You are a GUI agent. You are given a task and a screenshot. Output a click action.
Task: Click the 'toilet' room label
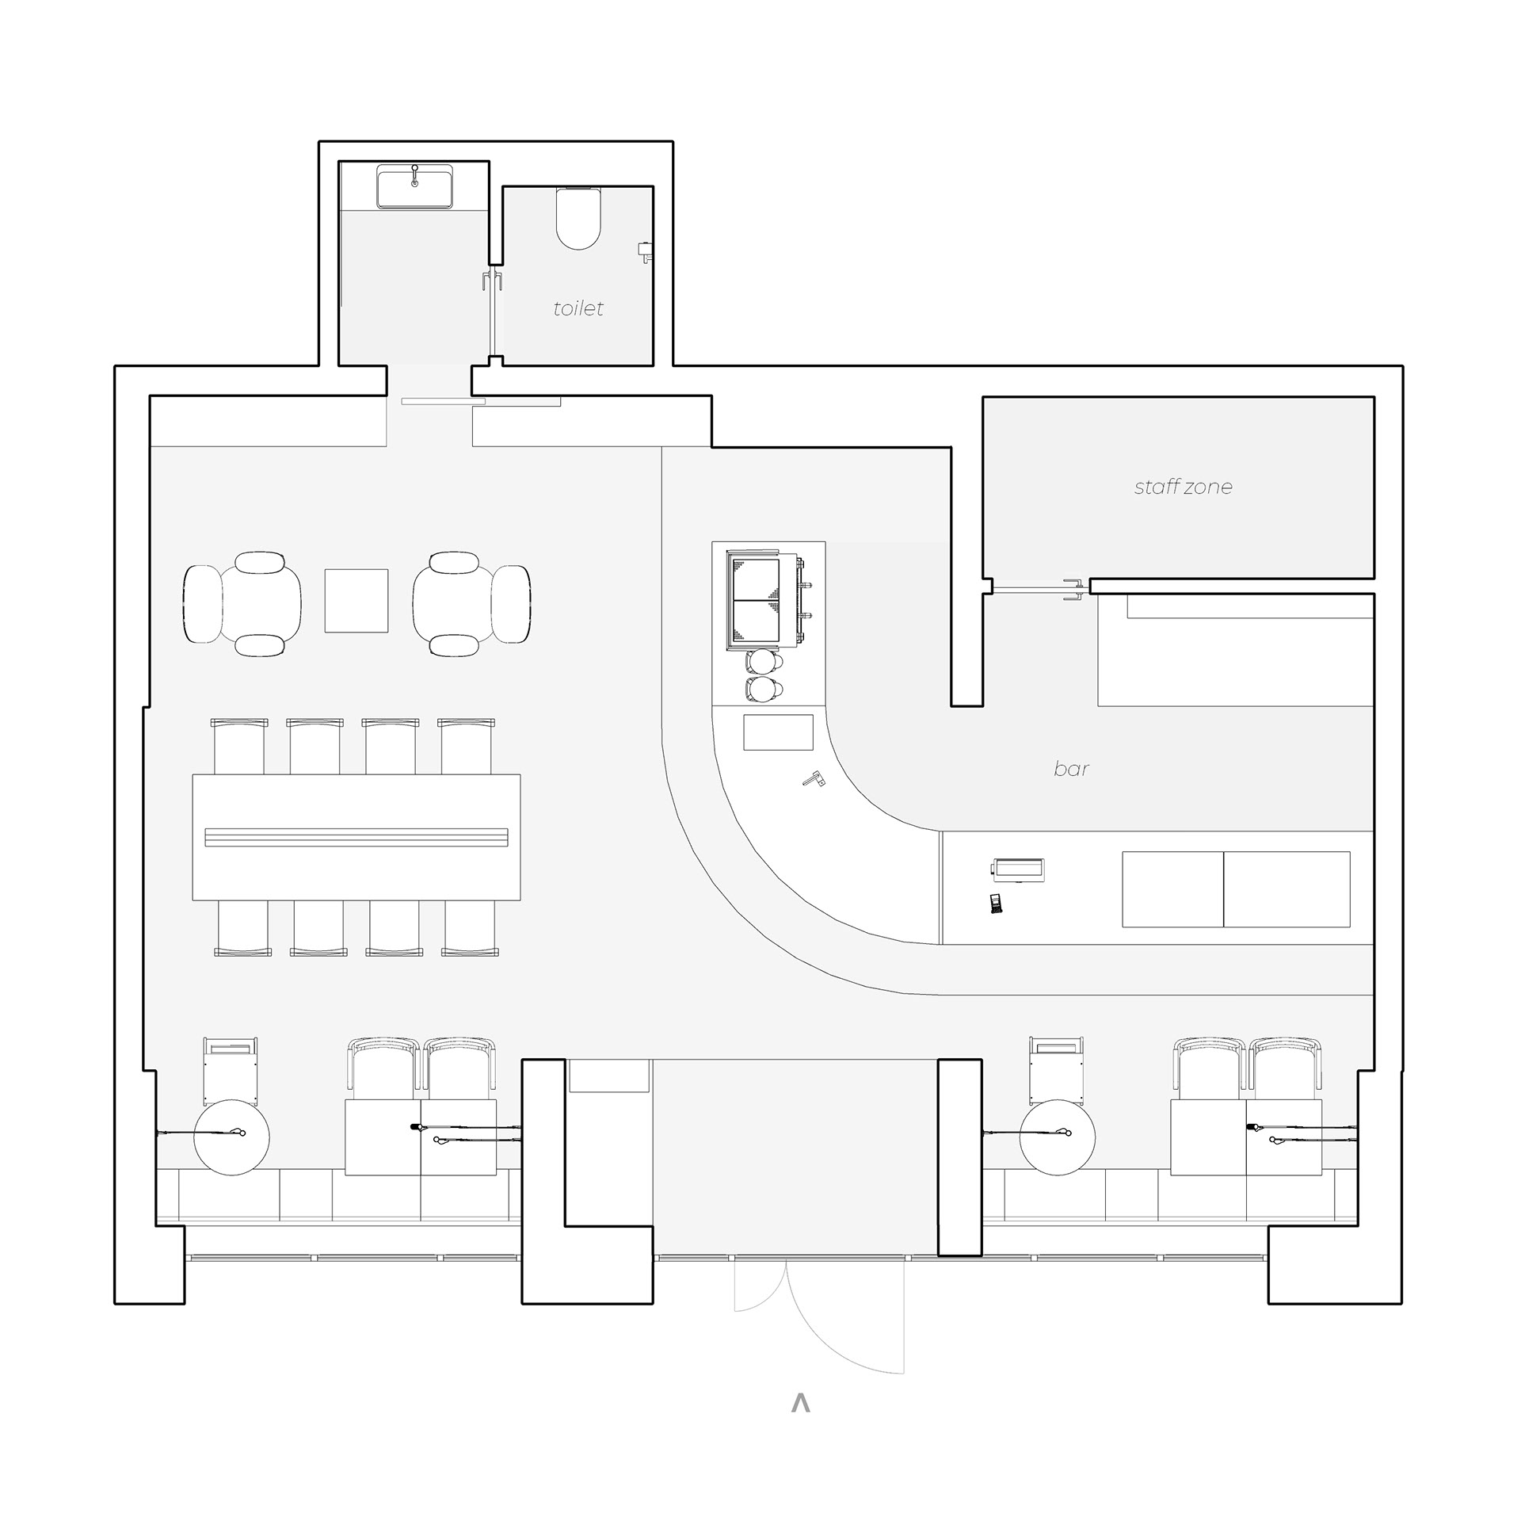click(x=578, y=308)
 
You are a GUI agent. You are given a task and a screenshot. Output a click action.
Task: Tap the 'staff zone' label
click(x=1183, y=487)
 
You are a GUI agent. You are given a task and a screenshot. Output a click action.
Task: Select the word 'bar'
click(x=1071, y=768)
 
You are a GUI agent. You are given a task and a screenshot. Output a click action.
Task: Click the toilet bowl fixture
click(x=578, y=218)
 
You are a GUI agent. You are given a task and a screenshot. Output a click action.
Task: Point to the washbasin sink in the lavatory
click(x=414, y=187)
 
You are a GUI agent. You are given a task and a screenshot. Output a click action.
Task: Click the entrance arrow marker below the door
click(x=801, y=1403)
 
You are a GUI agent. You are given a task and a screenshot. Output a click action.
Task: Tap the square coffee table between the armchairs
click(x=356, y=600)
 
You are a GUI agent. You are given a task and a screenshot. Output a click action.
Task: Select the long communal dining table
click(x=356, y=837)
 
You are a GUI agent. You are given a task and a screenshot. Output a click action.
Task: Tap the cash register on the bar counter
click(x=1018, y=869)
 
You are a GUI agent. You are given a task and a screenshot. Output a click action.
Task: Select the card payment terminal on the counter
click(x=996, y=904)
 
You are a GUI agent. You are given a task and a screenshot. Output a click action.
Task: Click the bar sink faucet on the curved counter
click(x=814, y=779)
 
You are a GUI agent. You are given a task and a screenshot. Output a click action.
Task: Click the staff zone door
click(x=1038, y=589)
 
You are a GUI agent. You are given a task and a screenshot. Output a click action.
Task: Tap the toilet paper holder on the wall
click(x=646, y=251)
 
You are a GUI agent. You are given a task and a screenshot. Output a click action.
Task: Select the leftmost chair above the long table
click(x=239, y=746)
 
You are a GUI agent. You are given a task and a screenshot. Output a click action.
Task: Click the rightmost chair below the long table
click(x=470, y=928)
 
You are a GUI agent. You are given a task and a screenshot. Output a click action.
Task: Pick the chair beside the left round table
click(x=231, y=1070)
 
